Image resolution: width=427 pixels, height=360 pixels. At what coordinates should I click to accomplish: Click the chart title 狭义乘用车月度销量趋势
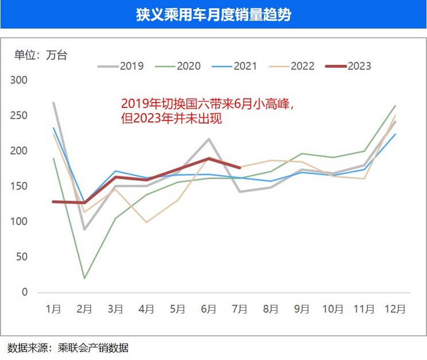click(x=213, y=14)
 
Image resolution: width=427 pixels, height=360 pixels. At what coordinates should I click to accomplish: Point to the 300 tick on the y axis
click(x=20, y=80)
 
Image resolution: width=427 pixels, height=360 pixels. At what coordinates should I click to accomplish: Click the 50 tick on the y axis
click(x=22, y=257)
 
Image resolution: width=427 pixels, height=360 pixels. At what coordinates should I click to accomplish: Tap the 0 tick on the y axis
click(x=25, y=292)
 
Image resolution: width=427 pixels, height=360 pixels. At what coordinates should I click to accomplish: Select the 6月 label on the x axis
click(x=208, y=309)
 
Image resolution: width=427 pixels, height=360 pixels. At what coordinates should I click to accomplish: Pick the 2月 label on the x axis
click(x=84, y=309)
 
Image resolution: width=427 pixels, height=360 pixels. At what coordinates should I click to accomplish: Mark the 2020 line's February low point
click(x=84, y=278)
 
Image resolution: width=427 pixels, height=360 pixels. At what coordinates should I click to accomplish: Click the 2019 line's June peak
click(x=208, y=139)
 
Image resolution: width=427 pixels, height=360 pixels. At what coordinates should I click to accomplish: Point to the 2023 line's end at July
click(x=239, y=168)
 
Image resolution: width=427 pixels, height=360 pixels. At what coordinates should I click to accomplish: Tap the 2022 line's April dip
click(x=146, y=222)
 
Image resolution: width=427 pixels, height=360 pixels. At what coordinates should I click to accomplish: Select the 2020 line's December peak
click(x=395, y=106)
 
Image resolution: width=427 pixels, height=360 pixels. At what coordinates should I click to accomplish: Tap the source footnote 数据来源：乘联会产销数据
click(x=68, y=347)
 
